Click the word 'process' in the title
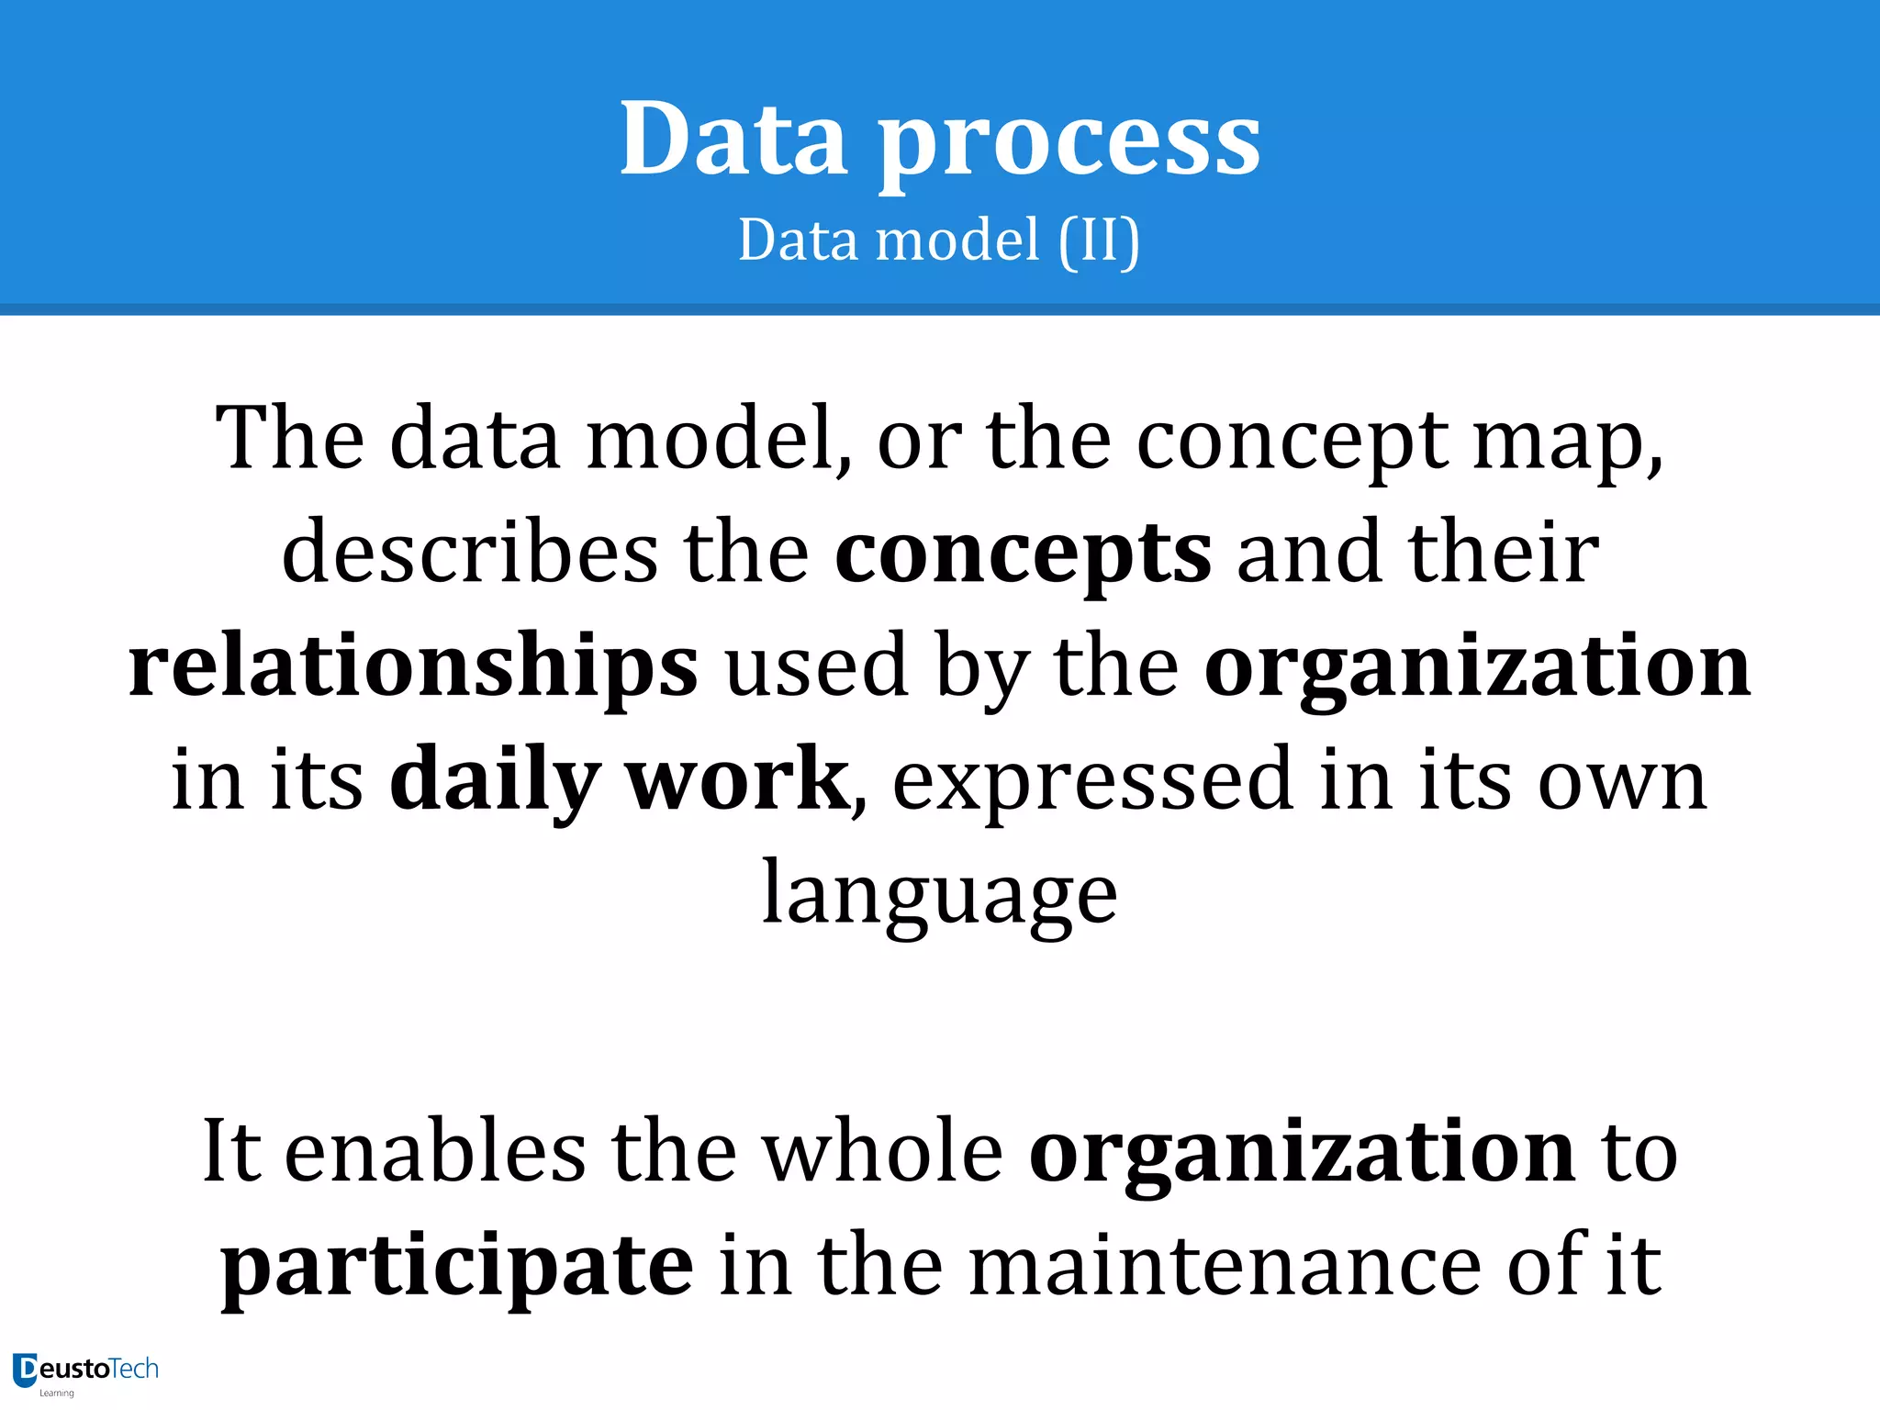coord(1069,142)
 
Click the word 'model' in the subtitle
coord(957,241)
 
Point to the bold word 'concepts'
coord(1023,554)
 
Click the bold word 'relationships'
coord(413,666)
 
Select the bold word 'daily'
coord(495,780)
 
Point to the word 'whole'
coord(884,1151)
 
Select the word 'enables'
coord(435,1151)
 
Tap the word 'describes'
coord(469,553)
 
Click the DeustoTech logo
coord(85,1371)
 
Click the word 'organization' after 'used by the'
coord(1477,666)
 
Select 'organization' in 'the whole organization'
coord(1302,1153)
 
